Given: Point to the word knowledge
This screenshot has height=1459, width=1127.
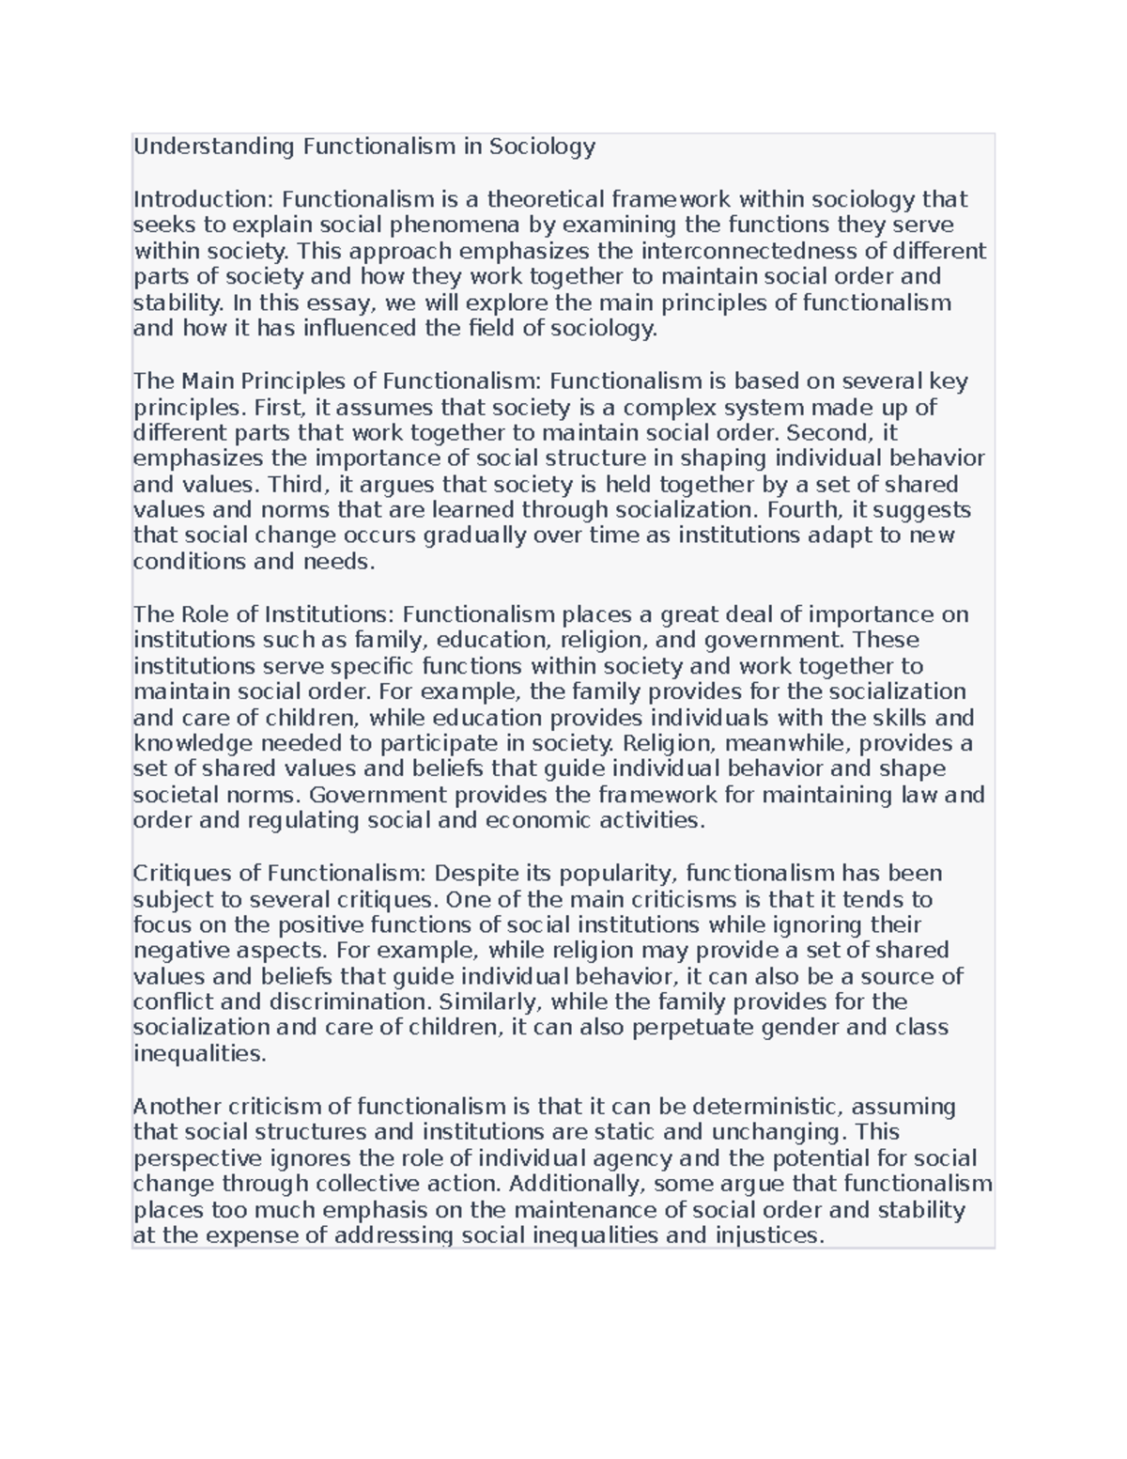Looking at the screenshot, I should click(x=193, y=743).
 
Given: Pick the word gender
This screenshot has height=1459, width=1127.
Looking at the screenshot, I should click(x=799, y=1027).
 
